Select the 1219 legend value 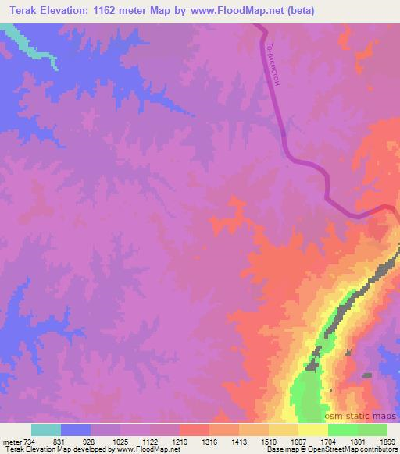click(179, 441)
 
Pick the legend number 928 click(90, 441)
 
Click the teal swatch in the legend click(45, 430)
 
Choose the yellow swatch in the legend click(312, 430)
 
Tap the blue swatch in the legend click(75, 430)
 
